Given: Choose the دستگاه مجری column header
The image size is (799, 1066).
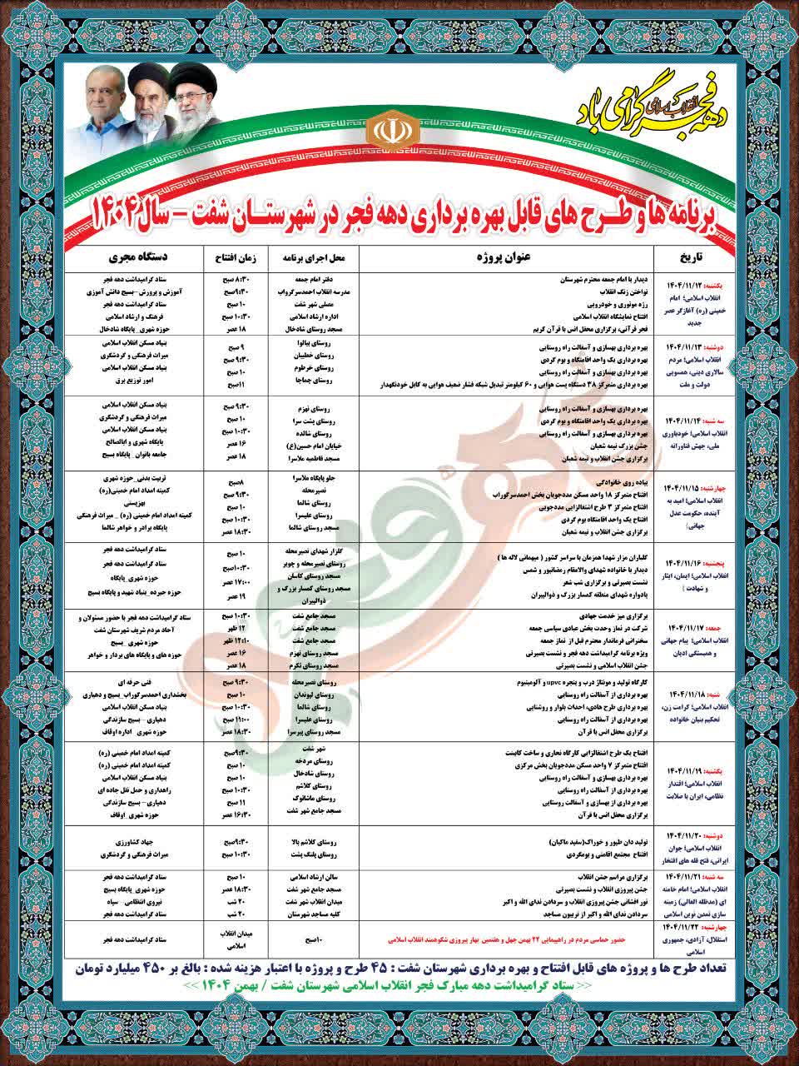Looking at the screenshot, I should coord(130,257).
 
